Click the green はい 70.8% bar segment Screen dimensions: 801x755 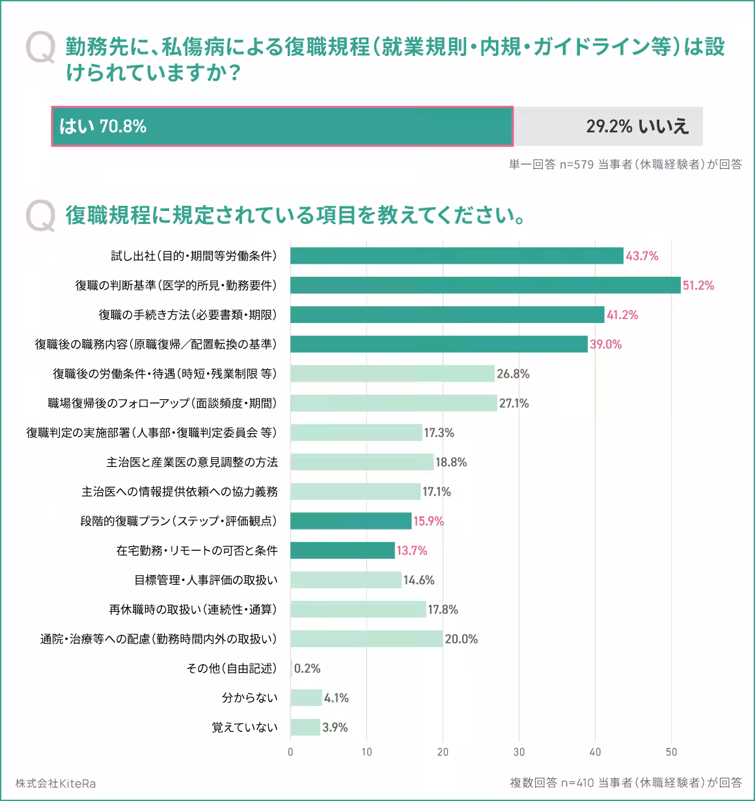[x=282, y=126]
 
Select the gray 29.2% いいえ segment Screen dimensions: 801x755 [x=608, y=126]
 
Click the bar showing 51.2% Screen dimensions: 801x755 [x=485, y=285]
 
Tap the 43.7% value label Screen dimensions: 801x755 [x=642, y=256]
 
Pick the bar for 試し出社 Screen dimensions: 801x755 [x=456, y=256]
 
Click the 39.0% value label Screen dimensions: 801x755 [x=605, y=344]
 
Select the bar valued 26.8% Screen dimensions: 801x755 [x=392, y=374]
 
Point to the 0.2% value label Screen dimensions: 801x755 [x=307, y=669]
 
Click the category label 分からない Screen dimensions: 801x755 [x=249, y=698]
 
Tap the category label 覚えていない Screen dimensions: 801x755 [x=244, y=727]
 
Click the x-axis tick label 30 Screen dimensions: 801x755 [x=519, y=752]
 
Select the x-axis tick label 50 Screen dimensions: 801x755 [x=671, y=752]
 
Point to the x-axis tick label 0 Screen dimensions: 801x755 [x=290, y=752]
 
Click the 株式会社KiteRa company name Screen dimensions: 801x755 [x=56, y=783]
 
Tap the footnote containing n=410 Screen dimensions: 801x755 [x=625, y=783]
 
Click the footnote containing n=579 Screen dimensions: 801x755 [x=625, y=165]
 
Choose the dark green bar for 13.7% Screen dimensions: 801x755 [x=342, y=550]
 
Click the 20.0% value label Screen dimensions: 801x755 [x=461, y=639]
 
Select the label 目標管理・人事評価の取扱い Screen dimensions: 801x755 [x=206, y=580]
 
